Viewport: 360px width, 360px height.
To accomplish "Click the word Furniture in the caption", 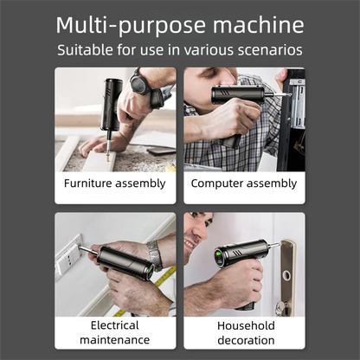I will point(91,183).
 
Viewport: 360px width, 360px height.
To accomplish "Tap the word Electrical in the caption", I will point(115,326).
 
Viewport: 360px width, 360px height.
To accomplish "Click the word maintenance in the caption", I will point(115,341).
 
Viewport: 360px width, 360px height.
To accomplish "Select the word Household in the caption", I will point(245,326).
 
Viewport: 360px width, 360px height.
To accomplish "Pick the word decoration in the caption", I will point(245,341).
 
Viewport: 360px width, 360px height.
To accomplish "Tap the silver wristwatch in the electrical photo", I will point(154,254).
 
